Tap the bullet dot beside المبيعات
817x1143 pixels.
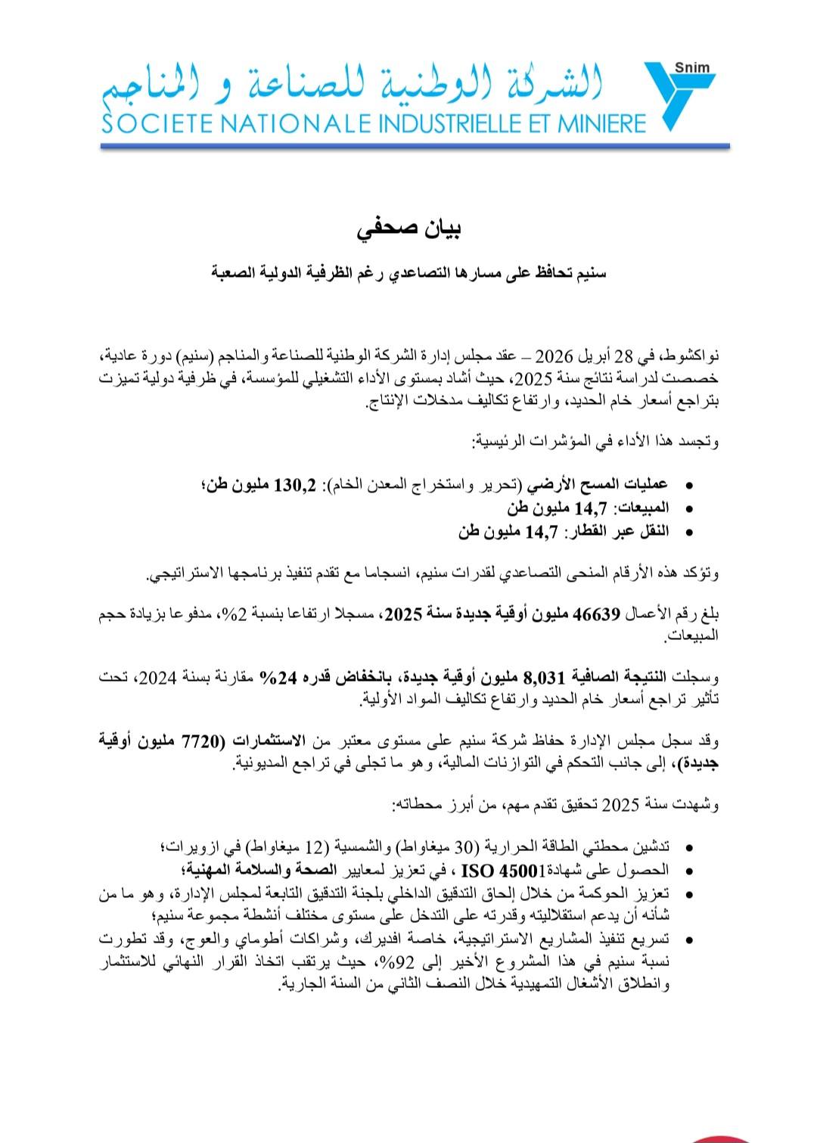click(x=686, y=509)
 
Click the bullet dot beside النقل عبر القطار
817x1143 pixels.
click(x=686, y=533)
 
